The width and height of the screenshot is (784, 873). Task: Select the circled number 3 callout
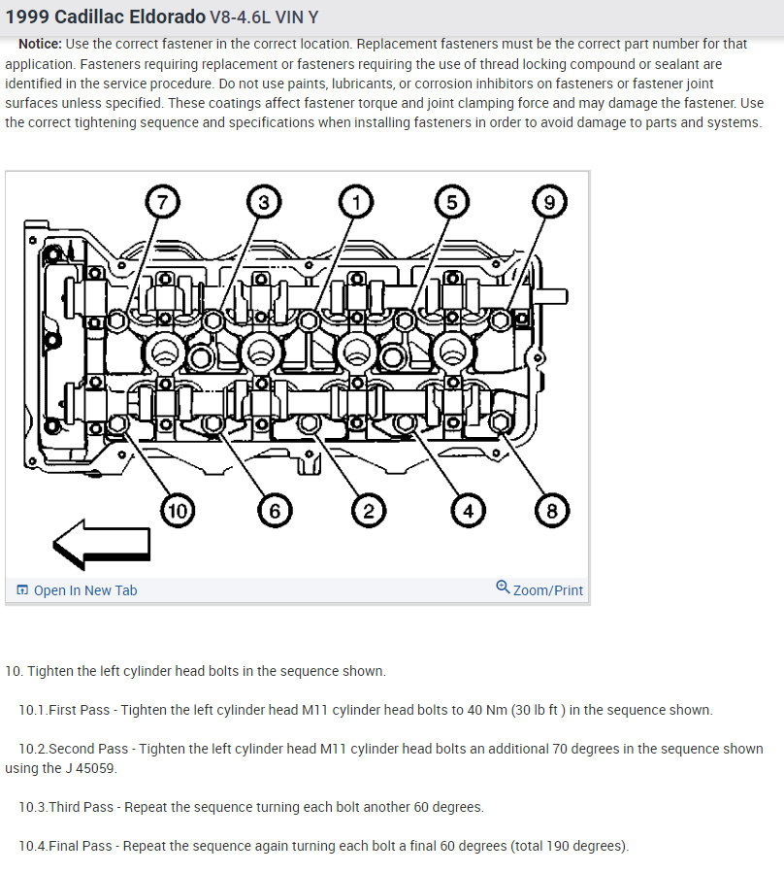(263, 203)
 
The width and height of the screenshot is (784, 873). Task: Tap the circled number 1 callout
(356, 203)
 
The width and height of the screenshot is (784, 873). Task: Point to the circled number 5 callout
(451, 203)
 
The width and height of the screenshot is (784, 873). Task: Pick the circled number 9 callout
(549, 203)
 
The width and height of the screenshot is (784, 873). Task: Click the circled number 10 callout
(179, 510)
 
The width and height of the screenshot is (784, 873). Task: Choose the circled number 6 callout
(275, 510)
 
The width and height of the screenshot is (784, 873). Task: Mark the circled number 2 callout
(369, 510)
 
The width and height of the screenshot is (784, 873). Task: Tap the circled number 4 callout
(468, 510)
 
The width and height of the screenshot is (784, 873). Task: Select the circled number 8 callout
(552, 510)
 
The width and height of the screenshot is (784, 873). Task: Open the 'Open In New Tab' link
(84, 590)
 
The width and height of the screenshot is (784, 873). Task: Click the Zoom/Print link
(548, 590)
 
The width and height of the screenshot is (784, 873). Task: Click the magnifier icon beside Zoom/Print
(503, 588)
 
